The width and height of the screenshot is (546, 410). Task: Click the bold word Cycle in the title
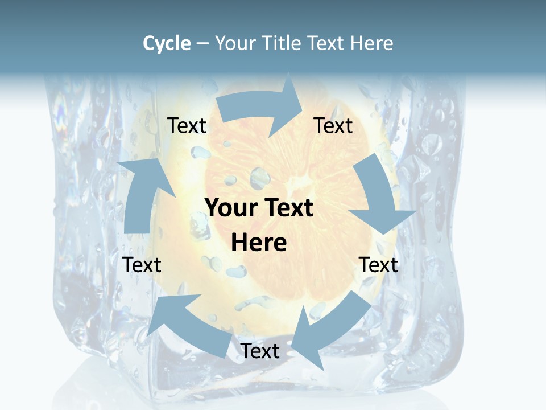pyautogui.click(x=167, y=43)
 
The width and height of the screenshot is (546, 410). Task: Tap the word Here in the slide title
pyautogui.click(x=371, y=43)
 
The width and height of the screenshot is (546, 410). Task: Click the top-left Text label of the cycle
pyautogui.click(x=187, y=125)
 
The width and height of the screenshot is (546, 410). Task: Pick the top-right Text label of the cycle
pyautogui.click(x=333, y=125)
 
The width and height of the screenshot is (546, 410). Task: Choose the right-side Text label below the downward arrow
pyautogui.click(x=378, y=265)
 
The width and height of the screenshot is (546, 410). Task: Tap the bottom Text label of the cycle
pyautogui.click(x=260, y=351)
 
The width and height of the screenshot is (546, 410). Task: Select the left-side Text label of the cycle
pyautogui.click(x=142, y=265)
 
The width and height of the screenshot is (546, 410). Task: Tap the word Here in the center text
pyautogui.click(x=259, y=243)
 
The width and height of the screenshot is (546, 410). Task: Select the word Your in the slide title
pyautogui.click(x=233, y=43)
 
